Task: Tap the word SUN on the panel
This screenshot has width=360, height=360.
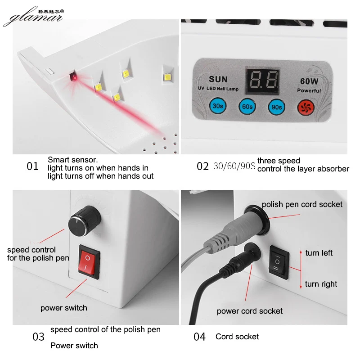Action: pos(218,80)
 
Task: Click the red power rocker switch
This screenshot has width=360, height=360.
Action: pos(89,260)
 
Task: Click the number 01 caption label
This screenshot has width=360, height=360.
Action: pos(32,166)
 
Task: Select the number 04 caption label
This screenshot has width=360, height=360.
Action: pos(199,337)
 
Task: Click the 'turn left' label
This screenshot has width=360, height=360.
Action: pos(319,253)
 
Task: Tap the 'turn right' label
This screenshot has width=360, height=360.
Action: pos(321,284)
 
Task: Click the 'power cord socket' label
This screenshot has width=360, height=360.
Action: pos(250,311)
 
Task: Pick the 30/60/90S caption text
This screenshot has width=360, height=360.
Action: pos(234,166)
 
